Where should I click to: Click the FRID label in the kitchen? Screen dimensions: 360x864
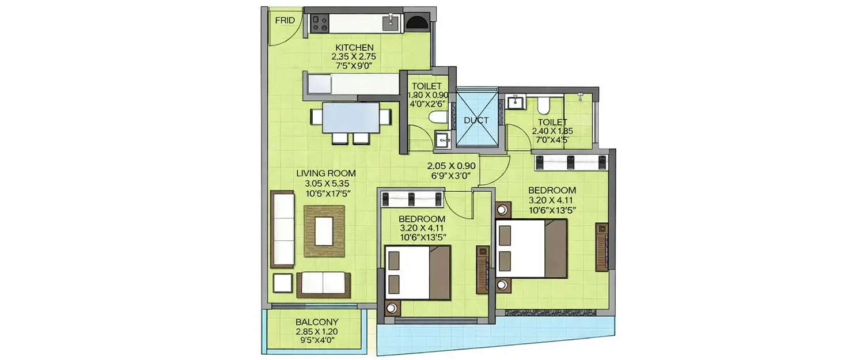click(285, 21)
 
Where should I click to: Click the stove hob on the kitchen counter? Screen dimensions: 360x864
click(319, 24)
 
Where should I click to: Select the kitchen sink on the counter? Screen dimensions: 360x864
click(392, 22)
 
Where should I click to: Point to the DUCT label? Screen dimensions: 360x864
click(476, 120)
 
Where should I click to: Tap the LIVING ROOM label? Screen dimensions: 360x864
click(326, 173)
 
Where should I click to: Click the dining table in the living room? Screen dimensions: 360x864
click(351, 119)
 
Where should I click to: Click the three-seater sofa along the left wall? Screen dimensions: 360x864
click(282, 229)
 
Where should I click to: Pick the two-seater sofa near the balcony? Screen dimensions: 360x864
click(323, 283)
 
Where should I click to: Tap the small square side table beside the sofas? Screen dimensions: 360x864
click(282, 283)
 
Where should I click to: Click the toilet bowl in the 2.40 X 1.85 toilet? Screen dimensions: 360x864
click(542, 105)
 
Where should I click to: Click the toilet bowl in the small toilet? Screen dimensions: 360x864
click(438, 118)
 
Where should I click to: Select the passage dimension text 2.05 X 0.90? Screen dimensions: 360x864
click(450, 166)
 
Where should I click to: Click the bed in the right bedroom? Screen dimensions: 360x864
click(531, 248)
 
